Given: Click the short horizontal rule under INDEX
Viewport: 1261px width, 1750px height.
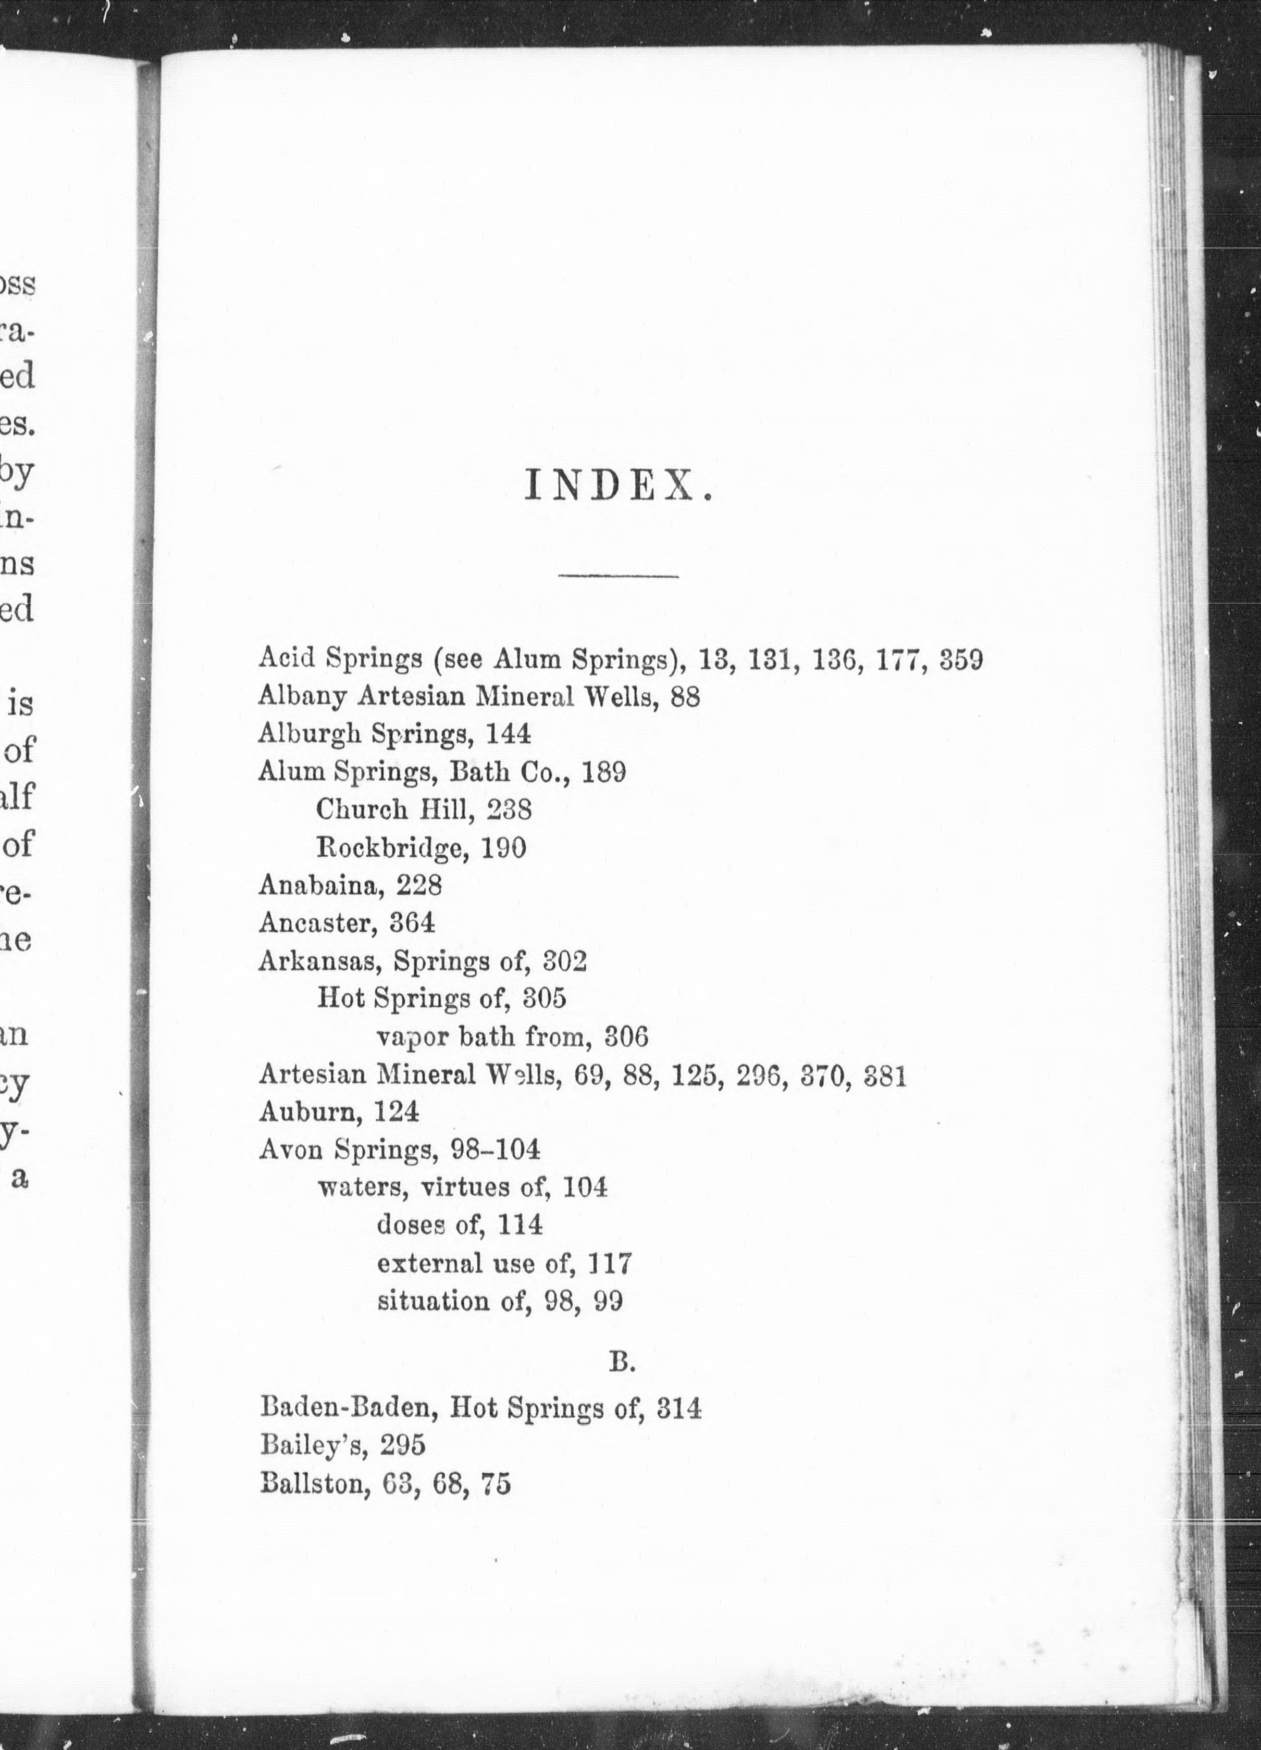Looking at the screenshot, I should point(617,576).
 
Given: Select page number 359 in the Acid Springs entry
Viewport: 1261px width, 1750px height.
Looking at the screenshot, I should point(961,660).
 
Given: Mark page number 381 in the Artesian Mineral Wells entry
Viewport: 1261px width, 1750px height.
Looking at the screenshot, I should point(884,1076).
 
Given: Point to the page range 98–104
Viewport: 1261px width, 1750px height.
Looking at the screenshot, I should point(494,1149).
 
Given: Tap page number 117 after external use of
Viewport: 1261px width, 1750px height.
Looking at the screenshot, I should point(610,1263).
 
